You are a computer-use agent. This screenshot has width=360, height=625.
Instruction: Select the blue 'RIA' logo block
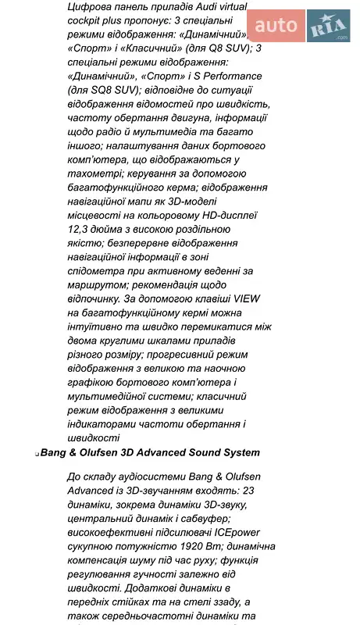(x=328, y=27)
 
